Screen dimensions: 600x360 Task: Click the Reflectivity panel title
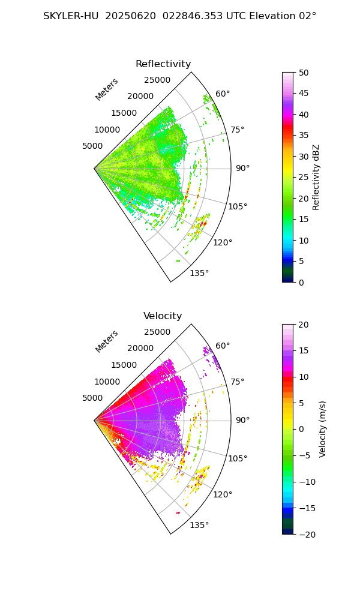pos(163,64)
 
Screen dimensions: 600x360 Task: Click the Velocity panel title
pos(163,316)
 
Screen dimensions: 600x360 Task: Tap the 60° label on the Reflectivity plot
pos(223,94)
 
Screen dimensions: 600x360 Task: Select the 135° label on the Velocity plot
pos(199,525)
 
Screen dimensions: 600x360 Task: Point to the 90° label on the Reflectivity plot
pos(242,168)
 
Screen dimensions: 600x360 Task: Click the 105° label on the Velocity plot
pos(238,458)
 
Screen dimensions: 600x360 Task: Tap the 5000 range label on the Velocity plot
pos(92,398)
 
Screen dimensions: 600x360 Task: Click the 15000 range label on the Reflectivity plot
pos(124,113)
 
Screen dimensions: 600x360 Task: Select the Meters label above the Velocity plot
pos(107,341)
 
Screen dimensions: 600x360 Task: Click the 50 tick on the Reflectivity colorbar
pos(304,73)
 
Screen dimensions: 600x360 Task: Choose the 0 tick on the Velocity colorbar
pos(302,429)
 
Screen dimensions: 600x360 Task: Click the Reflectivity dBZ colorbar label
pos(316,177)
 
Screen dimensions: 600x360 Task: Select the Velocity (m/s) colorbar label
pos(323,429)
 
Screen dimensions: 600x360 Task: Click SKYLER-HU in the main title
pos(71,16)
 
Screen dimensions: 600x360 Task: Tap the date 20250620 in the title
pos(128,16)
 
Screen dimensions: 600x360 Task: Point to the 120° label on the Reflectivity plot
pos(223,242)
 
